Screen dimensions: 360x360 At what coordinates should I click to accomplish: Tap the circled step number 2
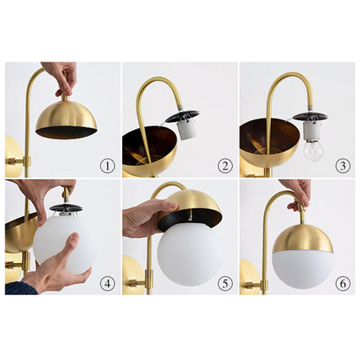pyautogui.click(x=224, y=164)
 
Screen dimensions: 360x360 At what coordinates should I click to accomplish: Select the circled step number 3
pyautogui.click(x=342, y=164)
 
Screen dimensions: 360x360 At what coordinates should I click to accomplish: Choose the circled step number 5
pyautogui.click(x=224, y=281)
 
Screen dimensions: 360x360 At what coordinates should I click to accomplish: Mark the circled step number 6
pyautogui.click(x=342, y=281)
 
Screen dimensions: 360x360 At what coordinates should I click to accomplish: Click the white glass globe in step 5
pyautogui.click(x=190, y=253)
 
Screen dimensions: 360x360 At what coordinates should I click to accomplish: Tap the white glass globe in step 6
pyautogui.click(x=303, y=267)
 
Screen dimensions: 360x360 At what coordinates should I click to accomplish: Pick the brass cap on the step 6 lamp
pyautogui.click(x=303, y=235)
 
